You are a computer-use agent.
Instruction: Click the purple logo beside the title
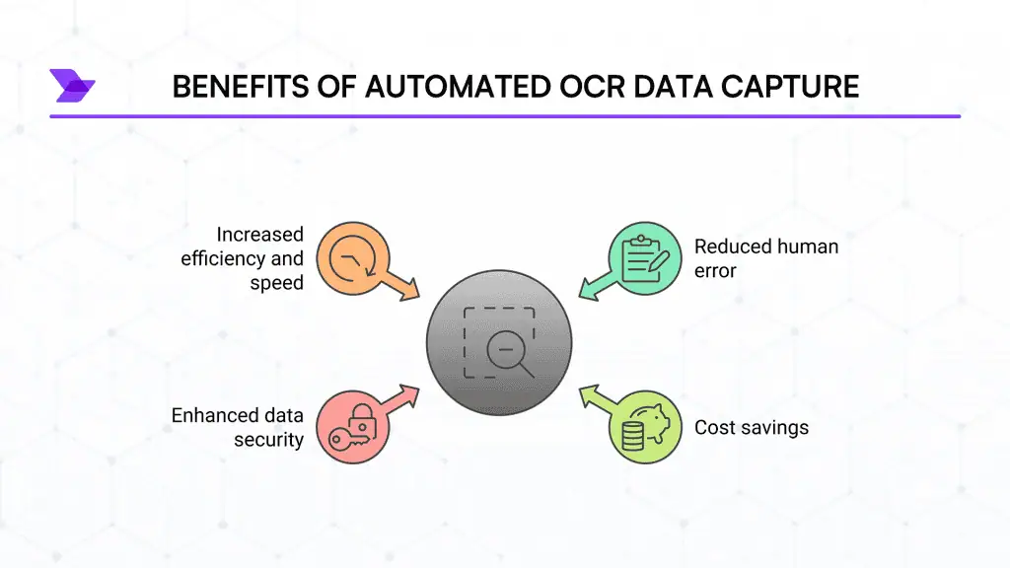72,86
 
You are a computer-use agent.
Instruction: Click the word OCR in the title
592,87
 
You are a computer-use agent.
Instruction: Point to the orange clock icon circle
352,258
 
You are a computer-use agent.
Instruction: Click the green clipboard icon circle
645,258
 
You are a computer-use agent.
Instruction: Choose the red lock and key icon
352,426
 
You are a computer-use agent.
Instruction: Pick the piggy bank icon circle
645,426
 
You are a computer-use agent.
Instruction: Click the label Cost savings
751,428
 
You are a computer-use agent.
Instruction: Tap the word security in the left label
268,440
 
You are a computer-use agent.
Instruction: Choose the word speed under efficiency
276,283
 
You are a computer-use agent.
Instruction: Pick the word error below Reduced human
715,271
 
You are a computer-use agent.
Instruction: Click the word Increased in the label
259,235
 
